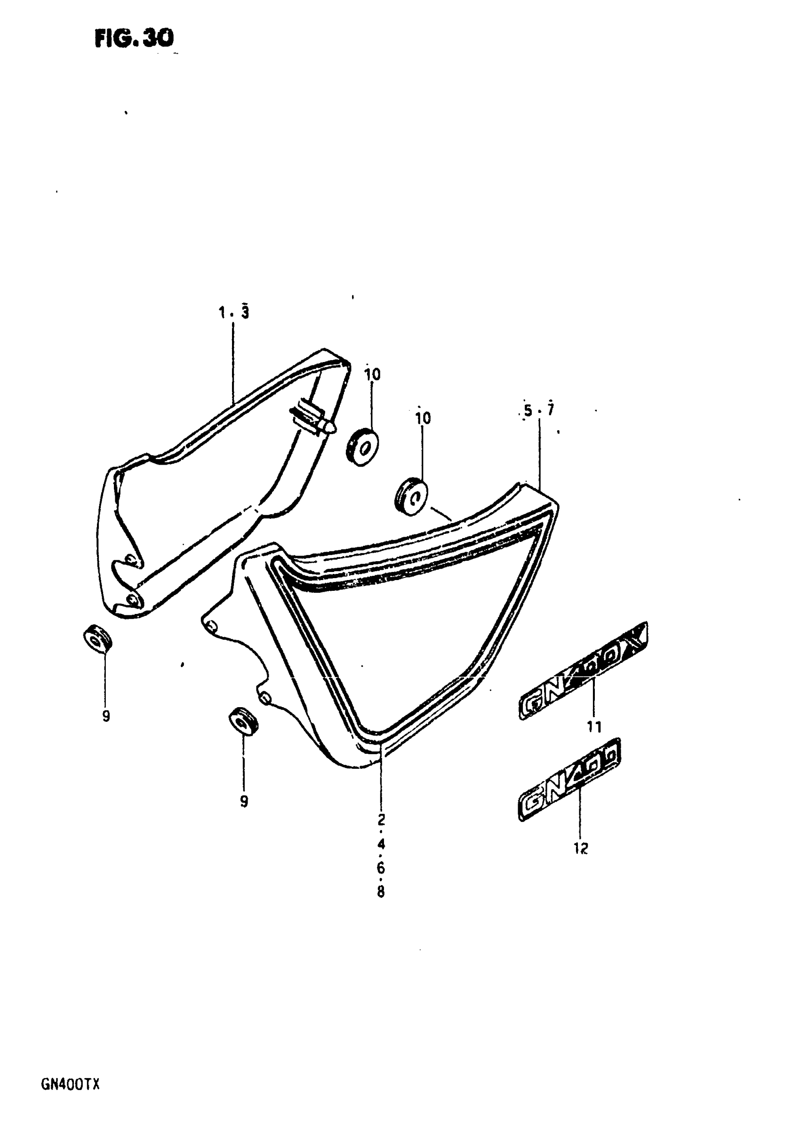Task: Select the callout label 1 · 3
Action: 233,313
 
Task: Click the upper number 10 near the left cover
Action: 372,374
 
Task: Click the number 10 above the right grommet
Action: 423,419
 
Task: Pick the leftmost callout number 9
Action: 105,716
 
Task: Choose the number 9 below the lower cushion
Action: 244,801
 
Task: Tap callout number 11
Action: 593,727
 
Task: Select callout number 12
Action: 581,848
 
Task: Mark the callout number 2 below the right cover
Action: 381,820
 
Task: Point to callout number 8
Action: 380,892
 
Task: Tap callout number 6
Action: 380,868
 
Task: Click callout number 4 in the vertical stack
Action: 380,844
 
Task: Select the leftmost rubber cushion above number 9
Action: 97,638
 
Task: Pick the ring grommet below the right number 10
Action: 411,495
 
